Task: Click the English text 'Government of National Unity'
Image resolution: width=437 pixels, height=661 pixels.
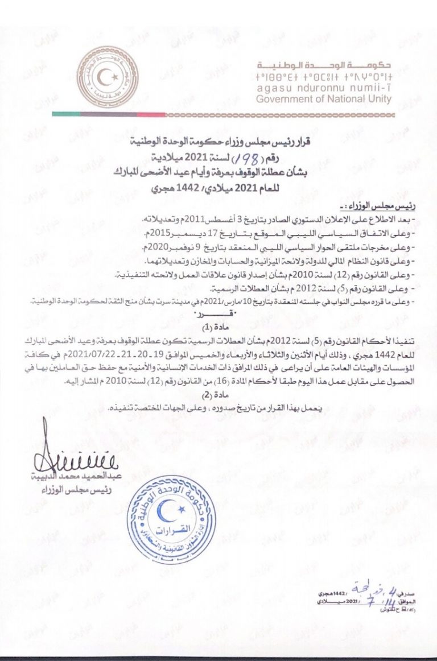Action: (x=324, y=99)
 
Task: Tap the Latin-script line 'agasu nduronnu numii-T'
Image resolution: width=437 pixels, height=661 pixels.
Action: (x=324, y=88)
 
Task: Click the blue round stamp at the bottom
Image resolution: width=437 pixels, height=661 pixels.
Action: (x=164, y=510)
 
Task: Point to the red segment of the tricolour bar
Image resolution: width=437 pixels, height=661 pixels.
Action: (x=151, y=114)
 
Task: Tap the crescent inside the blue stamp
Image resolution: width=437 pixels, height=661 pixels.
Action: (x=164, y=499)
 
